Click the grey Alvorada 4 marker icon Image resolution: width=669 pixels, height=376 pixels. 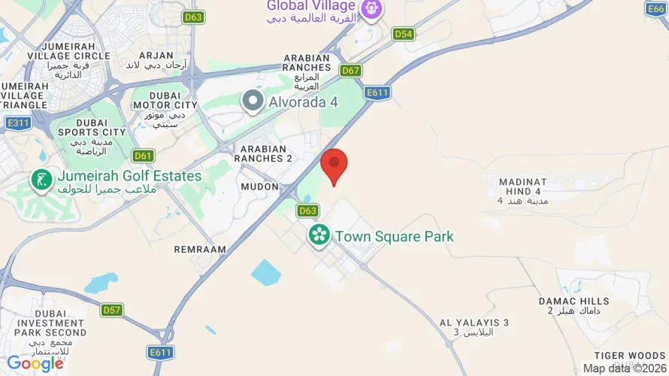point(253,100)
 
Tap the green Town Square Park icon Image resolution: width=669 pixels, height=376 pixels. point(319,235)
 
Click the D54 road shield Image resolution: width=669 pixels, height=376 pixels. point(404,34)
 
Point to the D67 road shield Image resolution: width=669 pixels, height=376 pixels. point(350,71)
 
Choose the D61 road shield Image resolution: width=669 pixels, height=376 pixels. point(143,156)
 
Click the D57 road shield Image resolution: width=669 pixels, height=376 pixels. point(112,310)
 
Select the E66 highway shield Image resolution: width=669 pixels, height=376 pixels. point(657,8)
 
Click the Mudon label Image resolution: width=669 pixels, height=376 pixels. point(260,186)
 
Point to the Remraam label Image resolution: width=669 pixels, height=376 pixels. point(200,249)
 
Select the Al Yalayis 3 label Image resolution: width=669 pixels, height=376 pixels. point(474,327)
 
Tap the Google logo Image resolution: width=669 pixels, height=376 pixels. point(35,364)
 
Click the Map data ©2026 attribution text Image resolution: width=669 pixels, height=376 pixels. point(625,368)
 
